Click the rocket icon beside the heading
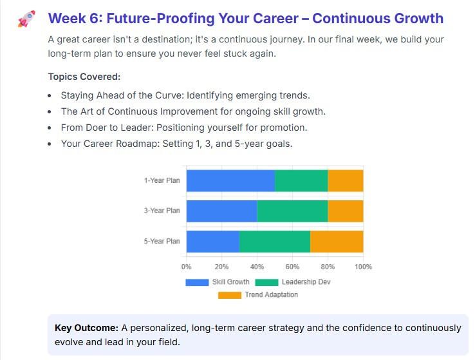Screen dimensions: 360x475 click(26, 19)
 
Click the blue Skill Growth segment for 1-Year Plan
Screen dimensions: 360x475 click(230, 180)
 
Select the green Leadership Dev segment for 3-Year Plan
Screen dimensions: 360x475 click(292, 211)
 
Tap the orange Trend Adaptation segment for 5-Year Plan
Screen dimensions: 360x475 click(337, 241)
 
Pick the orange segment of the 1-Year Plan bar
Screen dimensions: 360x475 click(346, 180)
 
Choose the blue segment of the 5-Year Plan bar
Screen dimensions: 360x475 click(213, 241)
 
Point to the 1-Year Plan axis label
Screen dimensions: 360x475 click(162, 180)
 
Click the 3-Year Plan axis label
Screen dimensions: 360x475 click(162, 211)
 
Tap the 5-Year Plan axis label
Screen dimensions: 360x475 click(162, 241)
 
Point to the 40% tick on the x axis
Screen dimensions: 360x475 click(257, 267)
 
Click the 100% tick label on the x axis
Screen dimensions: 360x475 click(364, 267)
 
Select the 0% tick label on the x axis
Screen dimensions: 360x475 click(187, 267)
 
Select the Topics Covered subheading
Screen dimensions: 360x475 click(84, 77)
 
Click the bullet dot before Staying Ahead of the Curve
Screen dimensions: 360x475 click(50, 95)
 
